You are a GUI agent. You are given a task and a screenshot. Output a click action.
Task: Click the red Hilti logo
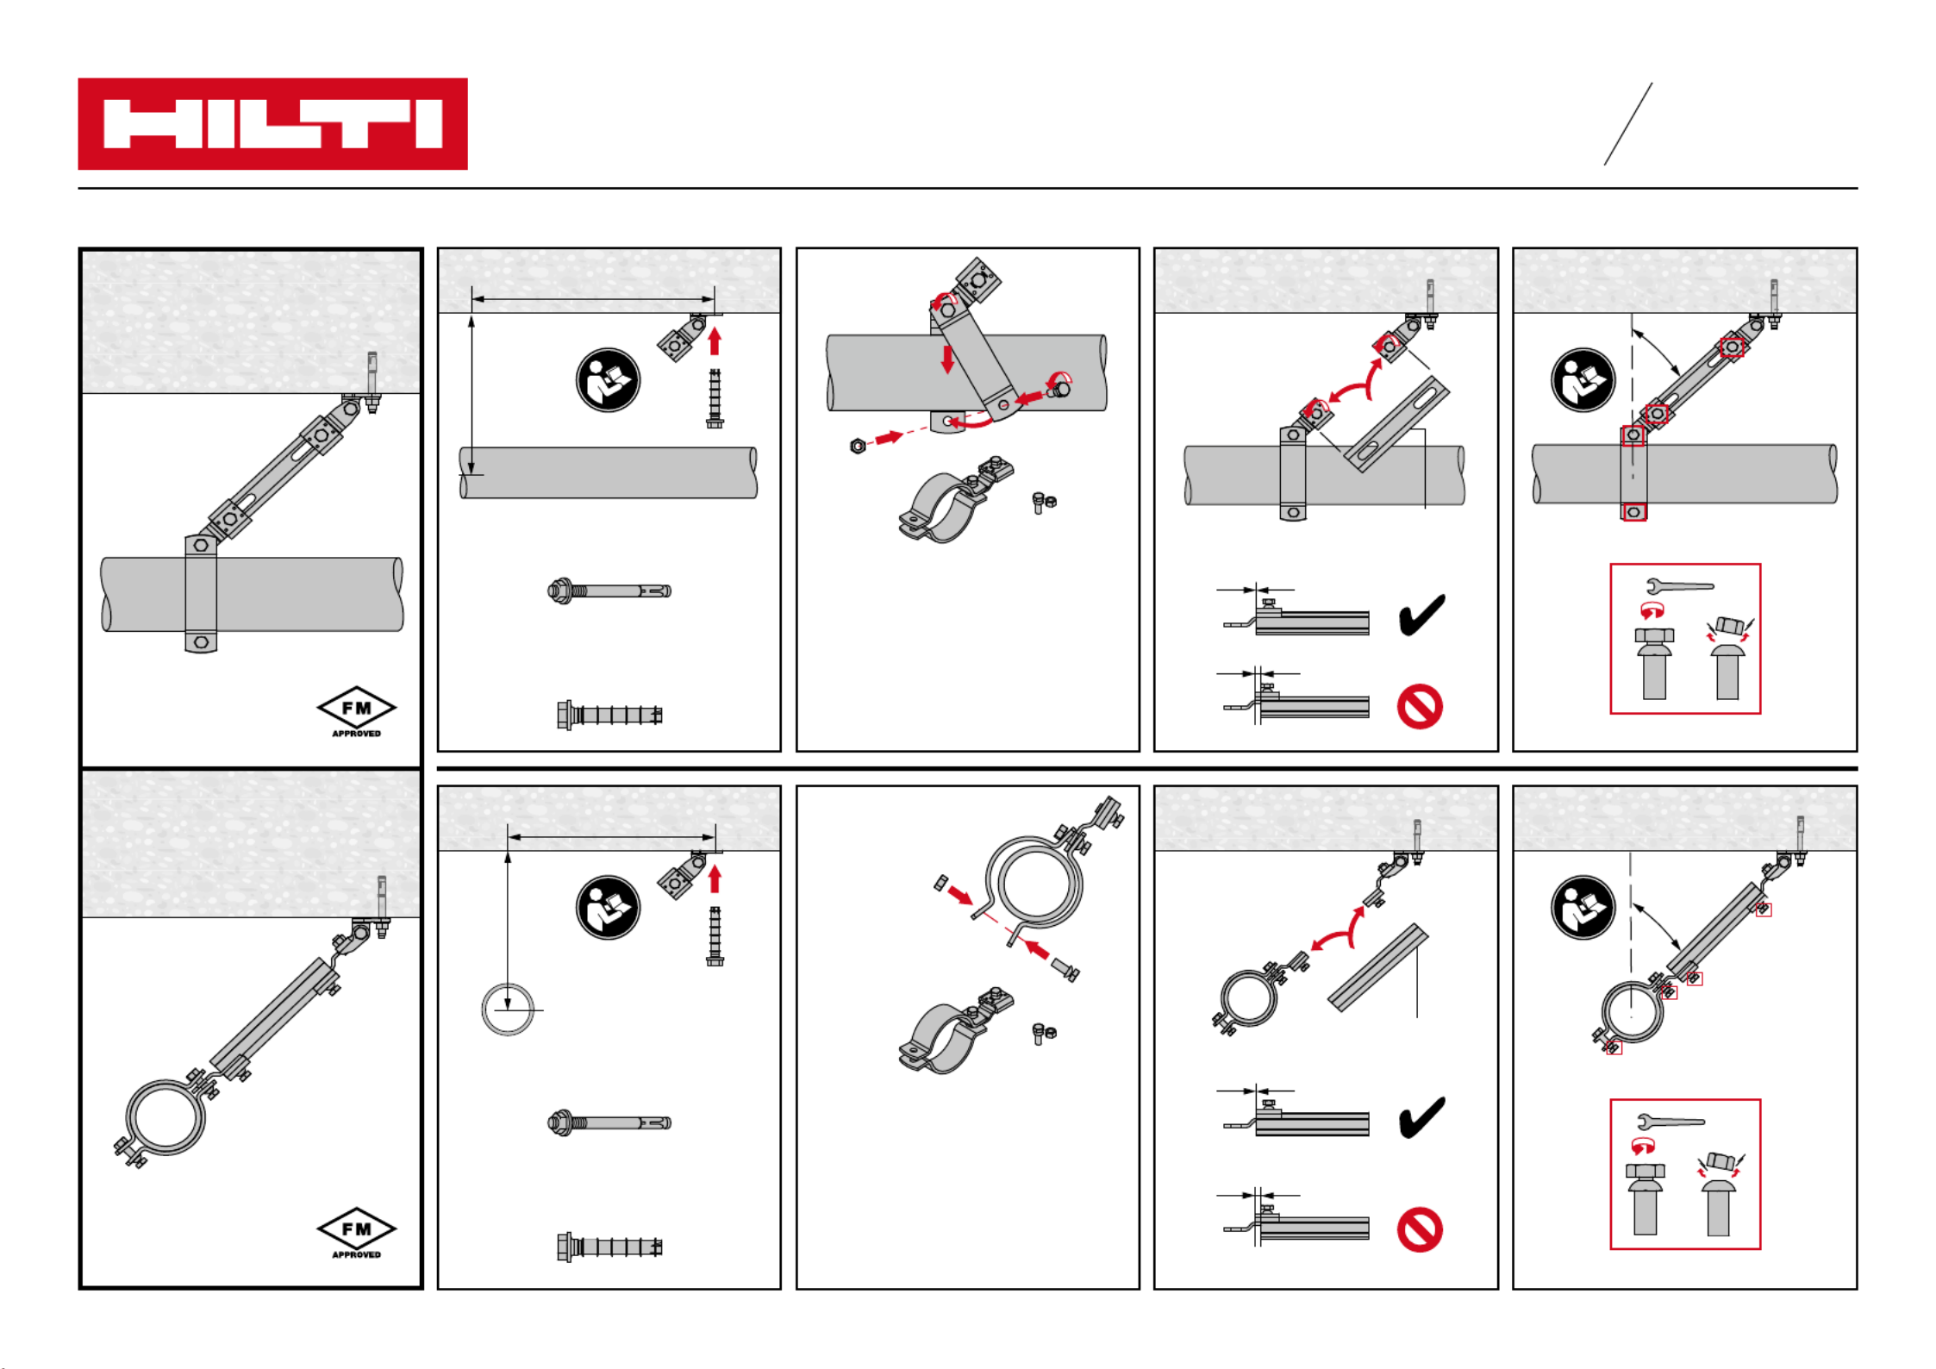[272, 124]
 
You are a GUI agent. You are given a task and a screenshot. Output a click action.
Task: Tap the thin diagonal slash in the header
[1627, 124]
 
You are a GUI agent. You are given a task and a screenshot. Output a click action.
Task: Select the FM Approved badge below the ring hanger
[356, 1232]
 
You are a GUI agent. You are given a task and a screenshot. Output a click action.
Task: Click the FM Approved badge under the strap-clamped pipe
[356, 711]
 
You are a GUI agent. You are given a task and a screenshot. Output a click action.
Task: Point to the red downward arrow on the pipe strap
[947, 359]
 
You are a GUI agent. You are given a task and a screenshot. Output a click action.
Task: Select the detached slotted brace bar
[1396, 424]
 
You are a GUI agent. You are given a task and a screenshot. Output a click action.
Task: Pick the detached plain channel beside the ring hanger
[1377, 968]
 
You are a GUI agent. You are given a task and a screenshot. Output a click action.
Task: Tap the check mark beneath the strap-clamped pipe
[1421, 614]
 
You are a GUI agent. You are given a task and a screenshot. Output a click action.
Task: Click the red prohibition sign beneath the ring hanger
[1420, 1229]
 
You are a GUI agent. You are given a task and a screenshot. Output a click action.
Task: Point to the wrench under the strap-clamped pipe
[1679, 587]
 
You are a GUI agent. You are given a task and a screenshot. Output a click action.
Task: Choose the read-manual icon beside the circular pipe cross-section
[608, 908]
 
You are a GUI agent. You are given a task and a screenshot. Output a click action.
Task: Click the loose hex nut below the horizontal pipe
[858, 446]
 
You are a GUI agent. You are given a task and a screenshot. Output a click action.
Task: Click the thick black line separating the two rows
[1146, 768]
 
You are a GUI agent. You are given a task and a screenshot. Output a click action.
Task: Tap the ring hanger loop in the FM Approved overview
[165, 1118]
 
